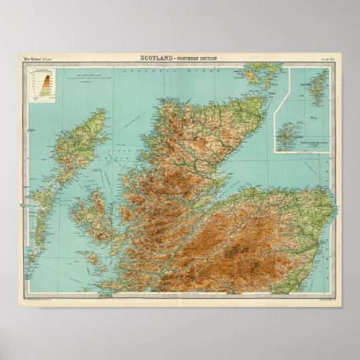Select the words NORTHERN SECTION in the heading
coord(197,58)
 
